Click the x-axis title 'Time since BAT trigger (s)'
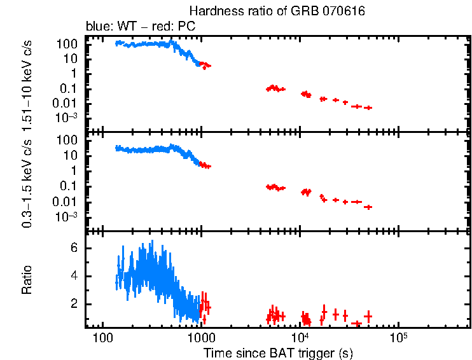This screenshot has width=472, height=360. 278,352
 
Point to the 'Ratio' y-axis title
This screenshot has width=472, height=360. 27,281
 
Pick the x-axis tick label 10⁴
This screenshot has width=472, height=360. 300,335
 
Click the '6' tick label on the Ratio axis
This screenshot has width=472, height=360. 73,248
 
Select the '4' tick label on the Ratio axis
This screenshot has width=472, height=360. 73,276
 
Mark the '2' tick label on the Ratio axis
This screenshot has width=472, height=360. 73,304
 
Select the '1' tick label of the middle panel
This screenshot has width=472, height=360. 73,170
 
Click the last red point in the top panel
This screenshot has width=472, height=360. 368,108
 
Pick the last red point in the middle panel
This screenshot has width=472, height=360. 368,207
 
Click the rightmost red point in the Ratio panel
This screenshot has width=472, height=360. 368,316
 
